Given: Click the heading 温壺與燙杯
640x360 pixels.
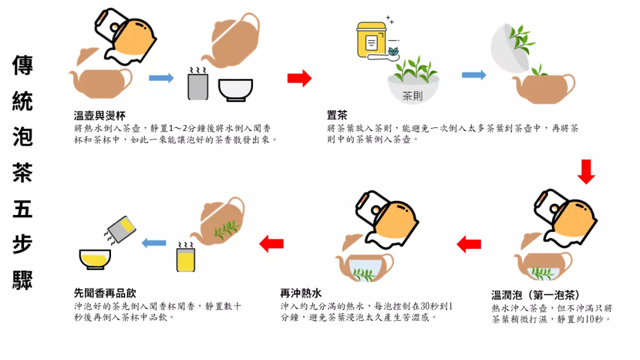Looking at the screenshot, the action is [100, 116].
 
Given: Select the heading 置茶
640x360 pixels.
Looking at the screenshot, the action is [337, 116].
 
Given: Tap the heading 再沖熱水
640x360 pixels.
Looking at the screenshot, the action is [301, 293].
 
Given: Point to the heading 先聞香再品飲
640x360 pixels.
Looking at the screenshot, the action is [105, 293].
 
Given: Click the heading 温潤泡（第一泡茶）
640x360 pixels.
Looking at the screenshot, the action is [535, 295].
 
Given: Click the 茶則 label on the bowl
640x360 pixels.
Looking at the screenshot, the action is [412, 96].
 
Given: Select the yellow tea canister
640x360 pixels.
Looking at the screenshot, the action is [372, 39].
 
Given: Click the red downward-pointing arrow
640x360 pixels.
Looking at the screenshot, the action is [586, 172].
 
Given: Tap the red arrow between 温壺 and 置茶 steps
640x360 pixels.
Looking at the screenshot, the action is [299, 78].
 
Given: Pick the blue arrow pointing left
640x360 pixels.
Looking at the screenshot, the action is [154, 243].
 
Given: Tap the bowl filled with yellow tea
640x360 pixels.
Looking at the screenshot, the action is [95, 260].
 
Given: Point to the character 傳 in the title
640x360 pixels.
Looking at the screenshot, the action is [22, 65].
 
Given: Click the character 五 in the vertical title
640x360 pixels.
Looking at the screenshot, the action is [22, 209].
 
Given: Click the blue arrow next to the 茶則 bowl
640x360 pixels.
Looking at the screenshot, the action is [474, 75].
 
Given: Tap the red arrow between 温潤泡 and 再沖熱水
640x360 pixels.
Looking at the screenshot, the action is [469, 244].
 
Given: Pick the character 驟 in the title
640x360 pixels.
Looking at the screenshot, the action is [22, 280].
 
